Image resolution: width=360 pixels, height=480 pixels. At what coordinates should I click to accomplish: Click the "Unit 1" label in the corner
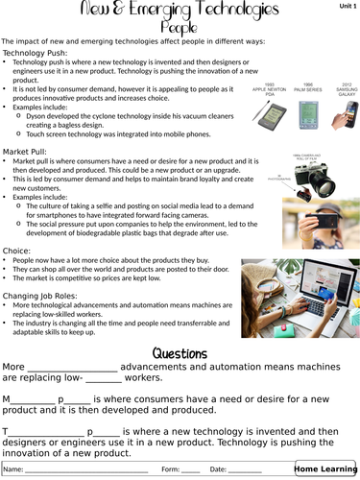click(x=346, y=7)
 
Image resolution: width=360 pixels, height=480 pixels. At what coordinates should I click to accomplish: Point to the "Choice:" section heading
click(x=17, y=251)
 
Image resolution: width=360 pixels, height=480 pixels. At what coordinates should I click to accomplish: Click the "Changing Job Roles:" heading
click(x=41, y=295)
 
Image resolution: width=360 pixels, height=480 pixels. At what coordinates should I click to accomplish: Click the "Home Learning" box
click(x=324, y=468)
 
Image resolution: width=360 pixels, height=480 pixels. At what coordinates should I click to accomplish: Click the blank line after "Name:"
click(x=86, y=470)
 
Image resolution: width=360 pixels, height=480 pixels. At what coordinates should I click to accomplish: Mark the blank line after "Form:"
click(x=191, y=470)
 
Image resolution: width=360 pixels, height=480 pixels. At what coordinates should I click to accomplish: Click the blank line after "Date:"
click(x=245, y=470)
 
